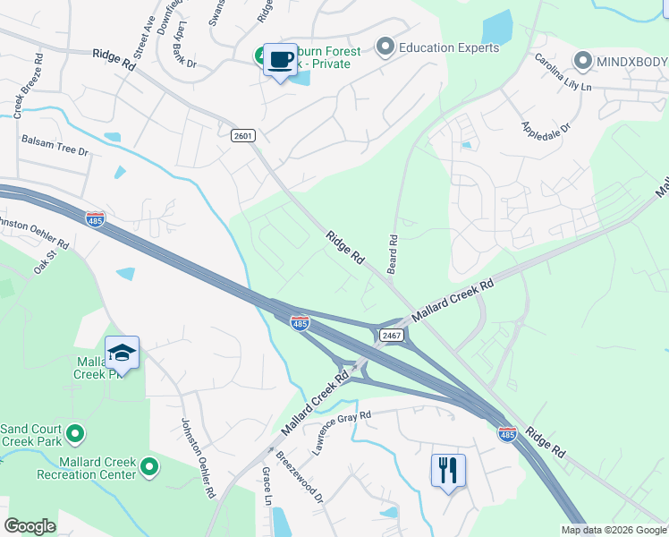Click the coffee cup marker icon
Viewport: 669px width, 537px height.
[281, 60]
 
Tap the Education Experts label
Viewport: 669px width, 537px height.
[449, 47]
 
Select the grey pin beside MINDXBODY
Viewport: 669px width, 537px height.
[583, 61]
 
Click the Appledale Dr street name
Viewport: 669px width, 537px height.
[546, 125]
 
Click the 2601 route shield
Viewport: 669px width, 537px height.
[242, 134]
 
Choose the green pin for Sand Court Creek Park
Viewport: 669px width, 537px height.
[76, 434]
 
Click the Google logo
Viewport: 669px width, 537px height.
[30, 526]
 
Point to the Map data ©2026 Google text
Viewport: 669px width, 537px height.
[614, 530]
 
